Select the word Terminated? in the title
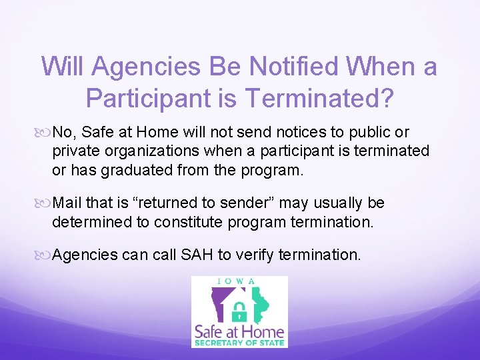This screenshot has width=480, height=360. coord(319,98)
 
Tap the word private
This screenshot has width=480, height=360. coord(73,151)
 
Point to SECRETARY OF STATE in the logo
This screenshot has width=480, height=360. coord(239,343)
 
